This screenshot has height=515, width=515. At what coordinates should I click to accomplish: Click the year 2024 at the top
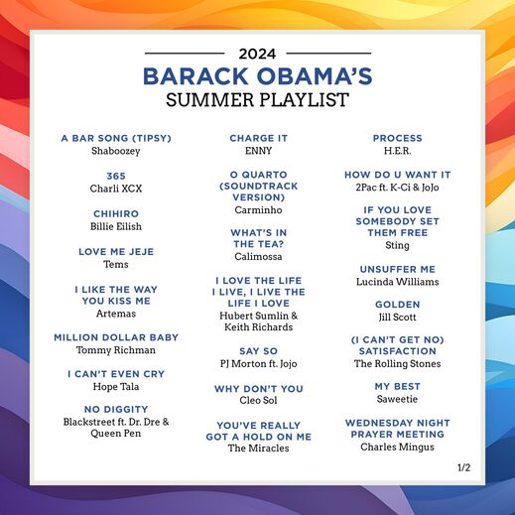(258, 54)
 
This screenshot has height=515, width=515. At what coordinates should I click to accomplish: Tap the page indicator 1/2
(464, 466)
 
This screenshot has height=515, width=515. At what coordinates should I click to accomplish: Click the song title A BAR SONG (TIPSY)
(116, 138)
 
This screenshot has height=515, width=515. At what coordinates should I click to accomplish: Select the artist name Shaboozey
(116, 151)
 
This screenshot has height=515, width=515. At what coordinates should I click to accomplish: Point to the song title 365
(116, 176)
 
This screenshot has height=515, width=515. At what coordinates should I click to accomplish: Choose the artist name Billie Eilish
(116, 226)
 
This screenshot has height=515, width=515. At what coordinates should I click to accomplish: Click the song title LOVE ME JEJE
(116, 252)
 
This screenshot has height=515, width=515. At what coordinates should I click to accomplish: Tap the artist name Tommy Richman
(116, 350)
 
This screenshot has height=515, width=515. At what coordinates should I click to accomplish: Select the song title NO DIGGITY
(116, 409)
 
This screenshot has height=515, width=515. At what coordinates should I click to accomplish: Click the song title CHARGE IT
(258, 138)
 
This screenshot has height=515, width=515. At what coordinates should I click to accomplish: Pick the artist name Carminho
(258, 210)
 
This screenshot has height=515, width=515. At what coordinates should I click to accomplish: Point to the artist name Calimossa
(258, 256)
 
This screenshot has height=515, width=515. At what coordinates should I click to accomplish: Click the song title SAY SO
(258, 350)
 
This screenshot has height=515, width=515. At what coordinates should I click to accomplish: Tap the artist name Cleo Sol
(258, 401)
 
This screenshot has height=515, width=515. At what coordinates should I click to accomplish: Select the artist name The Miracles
(258, 449)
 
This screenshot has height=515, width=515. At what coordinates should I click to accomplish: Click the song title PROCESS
(398, 138)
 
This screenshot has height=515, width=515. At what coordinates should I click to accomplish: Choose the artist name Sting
(398, 245)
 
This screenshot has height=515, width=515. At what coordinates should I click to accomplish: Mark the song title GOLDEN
(398, 305)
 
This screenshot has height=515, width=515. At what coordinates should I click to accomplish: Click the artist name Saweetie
(398, 399)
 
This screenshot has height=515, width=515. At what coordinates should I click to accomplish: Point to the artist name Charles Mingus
(398, 448)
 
